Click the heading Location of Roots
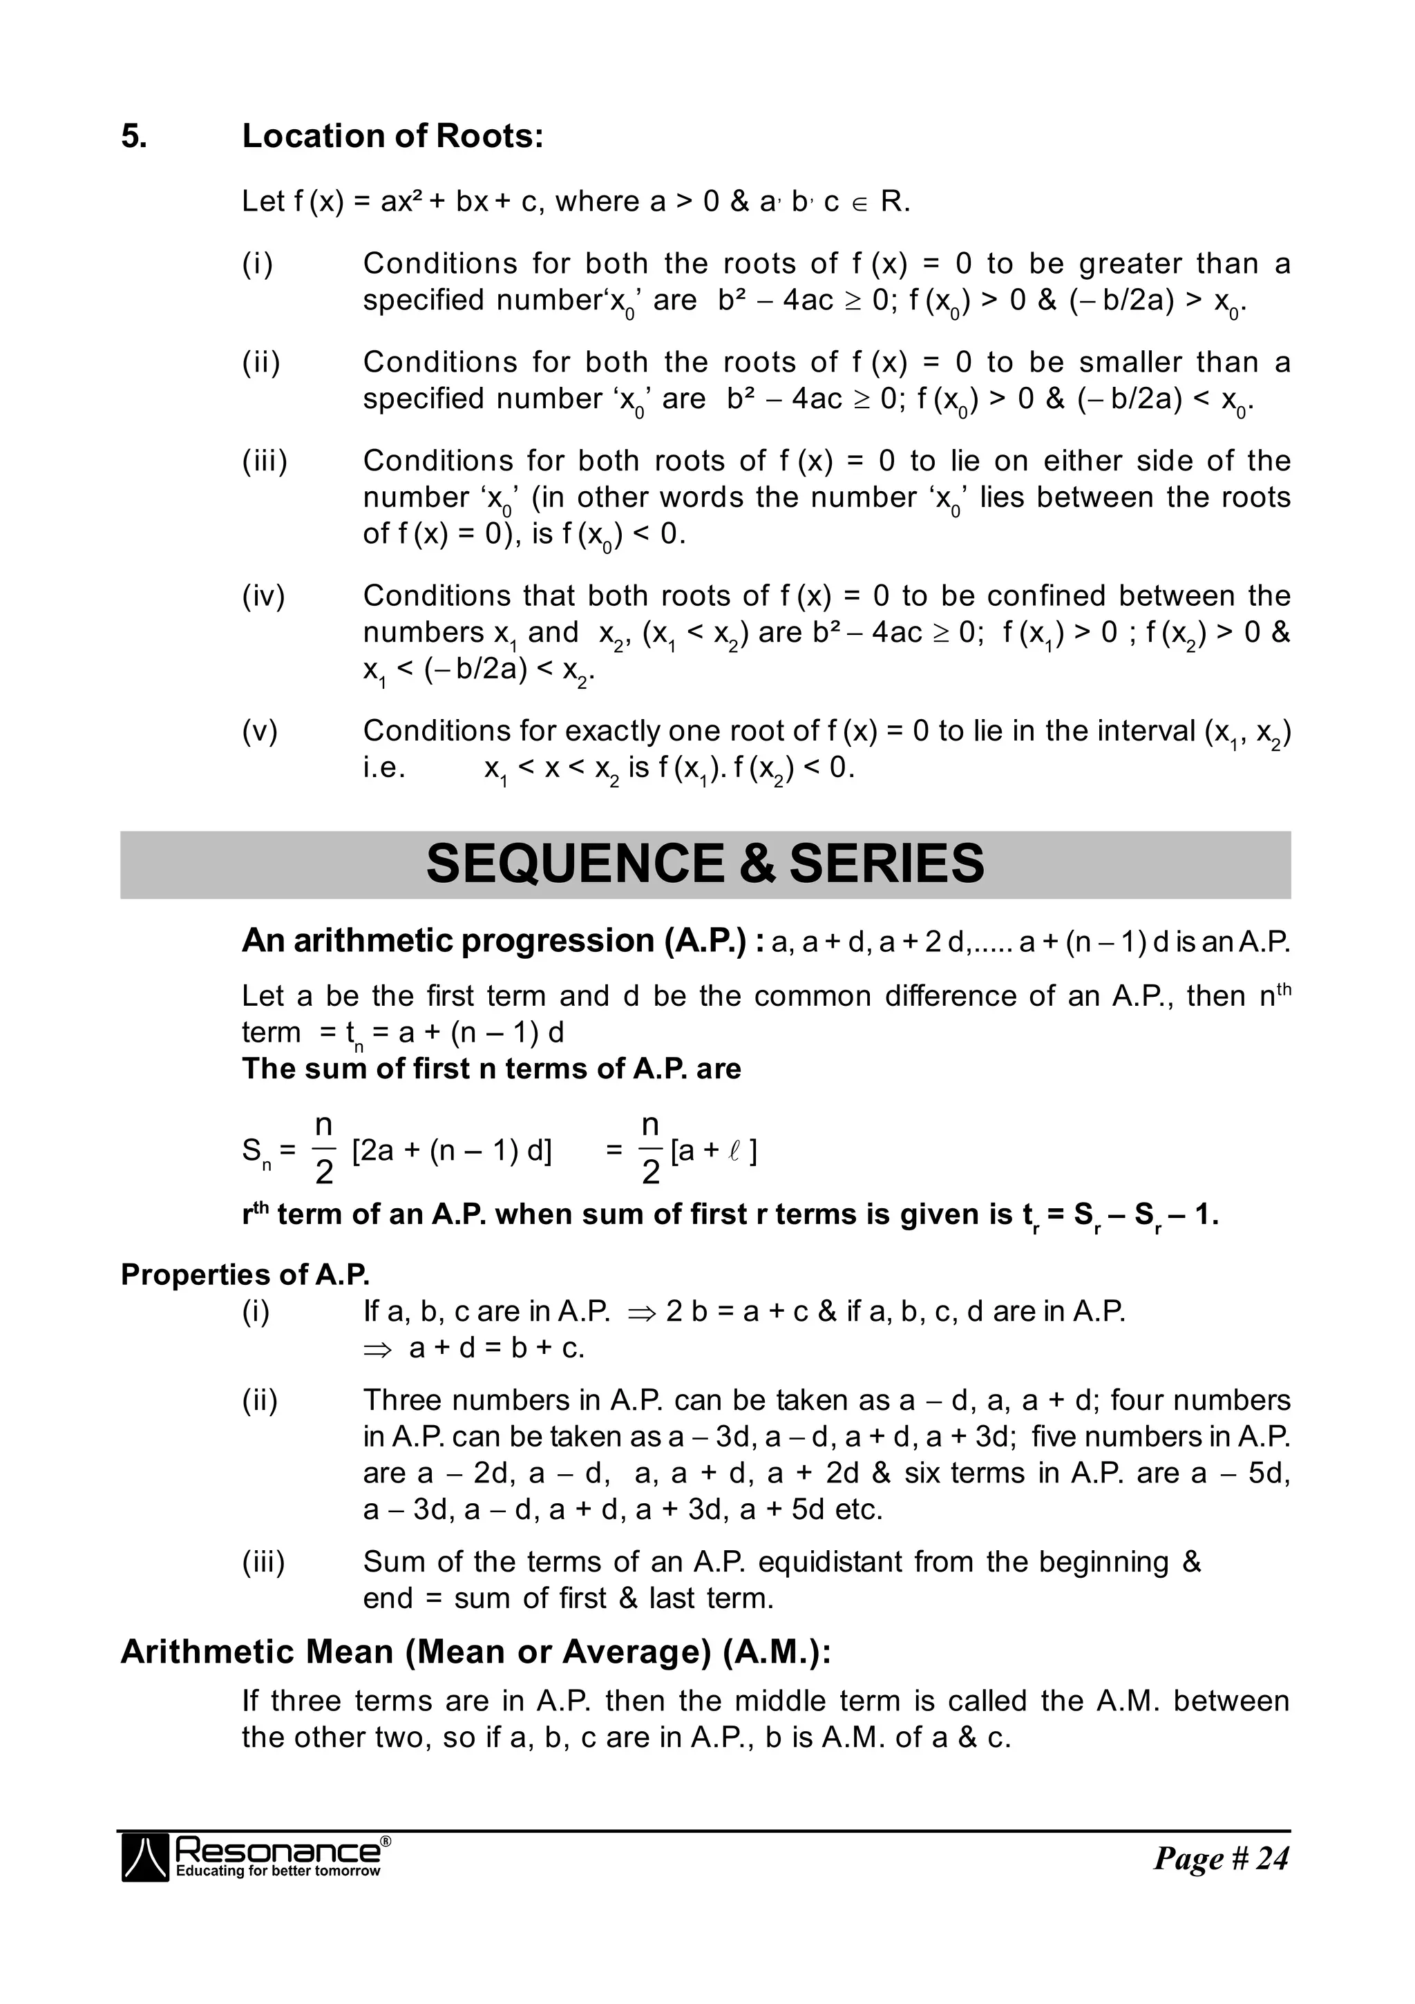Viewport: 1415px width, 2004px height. [x=392, y=136]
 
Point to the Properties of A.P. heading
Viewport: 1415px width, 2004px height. [x=245, y=1275]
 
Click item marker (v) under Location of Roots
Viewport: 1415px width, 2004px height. [x=259, y=731]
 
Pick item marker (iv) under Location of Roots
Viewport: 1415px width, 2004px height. [x=263, y=596]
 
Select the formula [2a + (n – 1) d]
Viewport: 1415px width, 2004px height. [x=451, y=1152]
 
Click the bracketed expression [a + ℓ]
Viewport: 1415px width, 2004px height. [x=713, y=1152]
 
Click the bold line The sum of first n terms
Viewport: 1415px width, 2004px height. [x=491, y=1069]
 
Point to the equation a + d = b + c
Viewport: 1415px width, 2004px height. [x=496, y=1348]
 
